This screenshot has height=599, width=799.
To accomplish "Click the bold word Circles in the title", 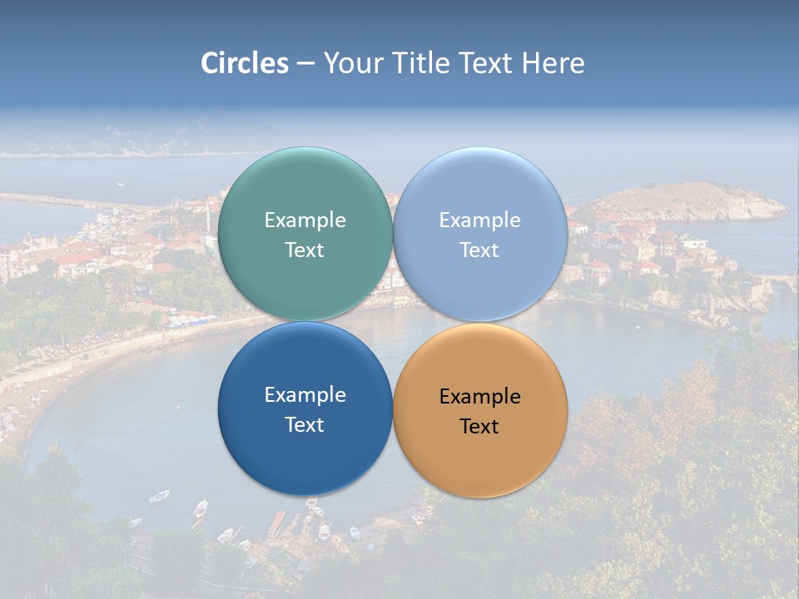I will coord(245,63).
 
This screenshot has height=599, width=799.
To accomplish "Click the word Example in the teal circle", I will coord(305,220).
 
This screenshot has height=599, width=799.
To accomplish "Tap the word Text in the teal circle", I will coord(305,250).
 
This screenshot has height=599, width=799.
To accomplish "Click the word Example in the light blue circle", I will coord(480,220).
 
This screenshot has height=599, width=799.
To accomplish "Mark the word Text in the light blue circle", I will coord(480,250).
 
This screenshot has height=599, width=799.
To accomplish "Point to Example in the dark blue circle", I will coord(305,395).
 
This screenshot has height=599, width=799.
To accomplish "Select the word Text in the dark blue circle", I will coord(305,425).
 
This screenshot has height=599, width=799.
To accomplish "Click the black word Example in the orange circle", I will coord(480,397).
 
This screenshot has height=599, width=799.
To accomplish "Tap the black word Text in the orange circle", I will coord(480,427).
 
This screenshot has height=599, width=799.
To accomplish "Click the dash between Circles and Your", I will coord(305,64).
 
